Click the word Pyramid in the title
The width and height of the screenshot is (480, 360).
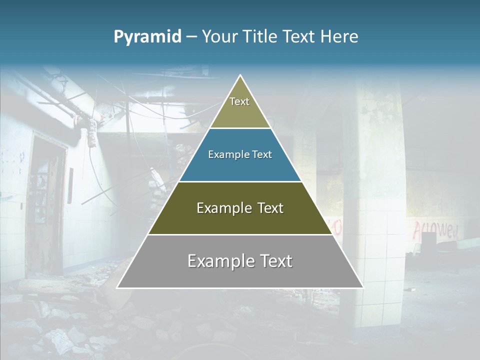(x=147, y=37)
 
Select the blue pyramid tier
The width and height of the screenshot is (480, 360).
(x=240, y=155)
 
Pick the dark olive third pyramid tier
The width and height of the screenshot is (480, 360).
(x=240, y=208)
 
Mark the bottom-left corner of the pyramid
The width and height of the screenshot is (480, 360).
(x=117, y=287)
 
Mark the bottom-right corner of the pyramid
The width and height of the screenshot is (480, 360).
(x=363, y=287)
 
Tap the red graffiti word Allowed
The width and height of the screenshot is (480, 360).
(x=435, y=230)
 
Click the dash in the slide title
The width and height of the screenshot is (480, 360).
(x=191, y=37)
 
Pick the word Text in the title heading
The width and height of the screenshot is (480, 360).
(x=299, y=37)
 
